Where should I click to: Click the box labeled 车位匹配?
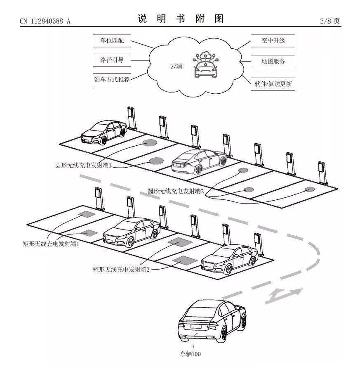click(109, 41)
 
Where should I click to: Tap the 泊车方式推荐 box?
click(111, 79)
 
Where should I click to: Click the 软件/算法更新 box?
click(273, 83)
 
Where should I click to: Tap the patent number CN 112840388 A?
click(45, 21)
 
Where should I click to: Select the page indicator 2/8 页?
click(330, 21)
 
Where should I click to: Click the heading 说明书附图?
click(180, 19)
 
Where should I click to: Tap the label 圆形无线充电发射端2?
click(176, 191)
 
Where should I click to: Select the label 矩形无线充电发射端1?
click(51, 244)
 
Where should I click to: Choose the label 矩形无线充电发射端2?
click(121, 269)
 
